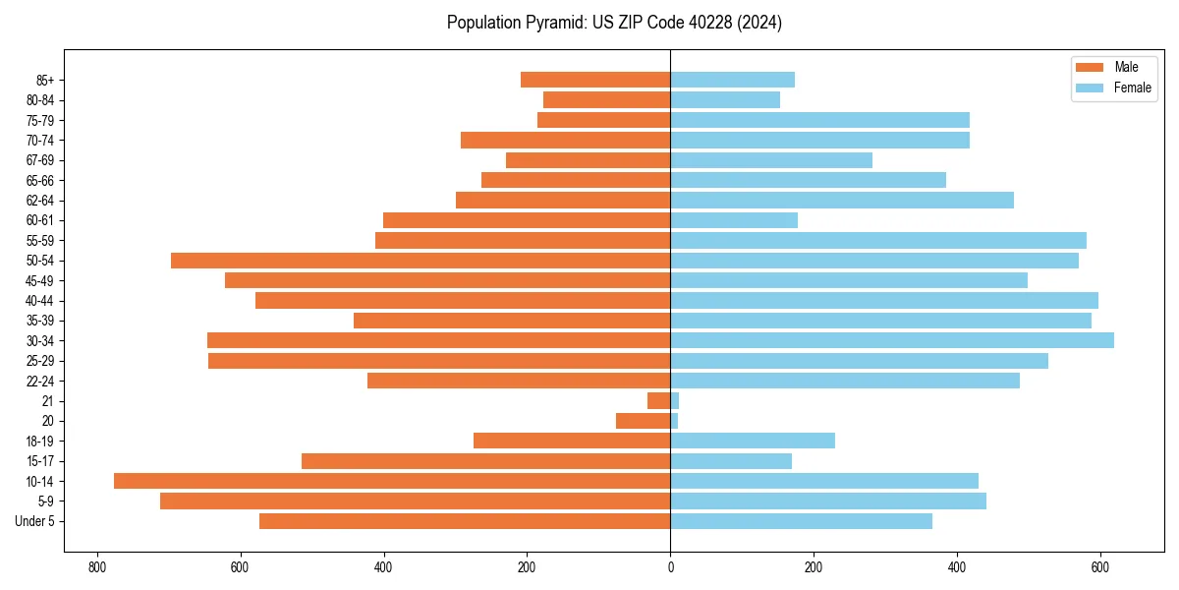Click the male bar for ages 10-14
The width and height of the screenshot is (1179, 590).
[392, 481]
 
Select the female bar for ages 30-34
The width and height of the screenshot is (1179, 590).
[892, 340]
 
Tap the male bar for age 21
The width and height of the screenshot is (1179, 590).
[659, 400]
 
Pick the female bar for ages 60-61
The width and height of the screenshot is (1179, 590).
[734, 220]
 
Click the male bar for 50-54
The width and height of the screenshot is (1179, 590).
[421, 261]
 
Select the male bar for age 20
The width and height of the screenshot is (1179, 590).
[644, 421]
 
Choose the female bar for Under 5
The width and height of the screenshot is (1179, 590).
[801, 521]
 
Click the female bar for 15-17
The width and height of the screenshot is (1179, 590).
[731, 461]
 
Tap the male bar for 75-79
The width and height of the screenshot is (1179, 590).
[604, 120]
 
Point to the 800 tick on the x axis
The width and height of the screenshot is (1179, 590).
[96, 567]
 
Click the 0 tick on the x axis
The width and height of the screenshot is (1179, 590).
[670, 567]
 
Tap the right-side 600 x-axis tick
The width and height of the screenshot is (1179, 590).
[1100, 567]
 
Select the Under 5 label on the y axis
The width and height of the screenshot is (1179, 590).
[35, 521]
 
